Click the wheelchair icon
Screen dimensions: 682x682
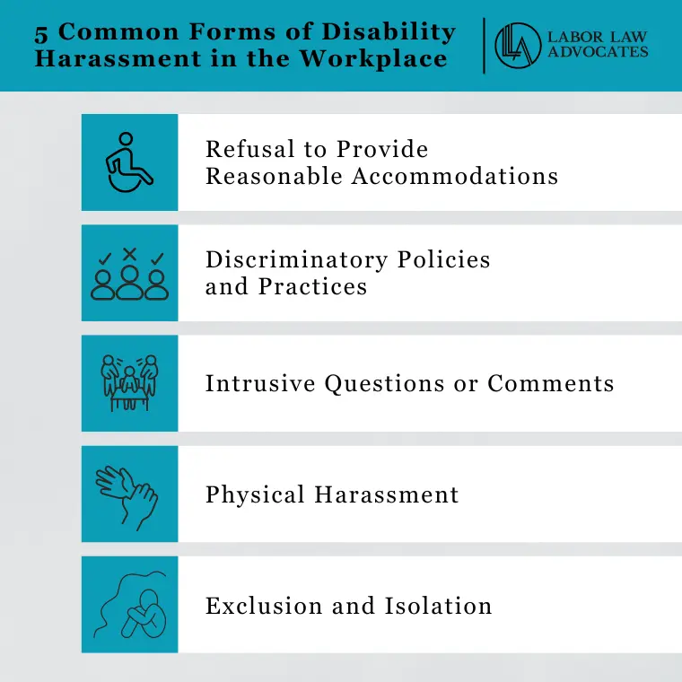tap(129, 162)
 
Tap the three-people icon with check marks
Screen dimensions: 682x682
tap(129, 274)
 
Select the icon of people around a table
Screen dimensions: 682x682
tap(129, 383)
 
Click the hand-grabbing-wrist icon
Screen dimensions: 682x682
tap(129, 494)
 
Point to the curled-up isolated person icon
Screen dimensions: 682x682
tap(129, 604)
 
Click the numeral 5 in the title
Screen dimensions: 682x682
tap(41, 33)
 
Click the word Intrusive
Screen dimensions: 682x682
tap(260, 384)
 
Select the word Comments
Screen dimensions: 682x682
tap(551, 384)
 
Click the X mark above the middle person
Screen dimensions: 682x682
tap(129, 254)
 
